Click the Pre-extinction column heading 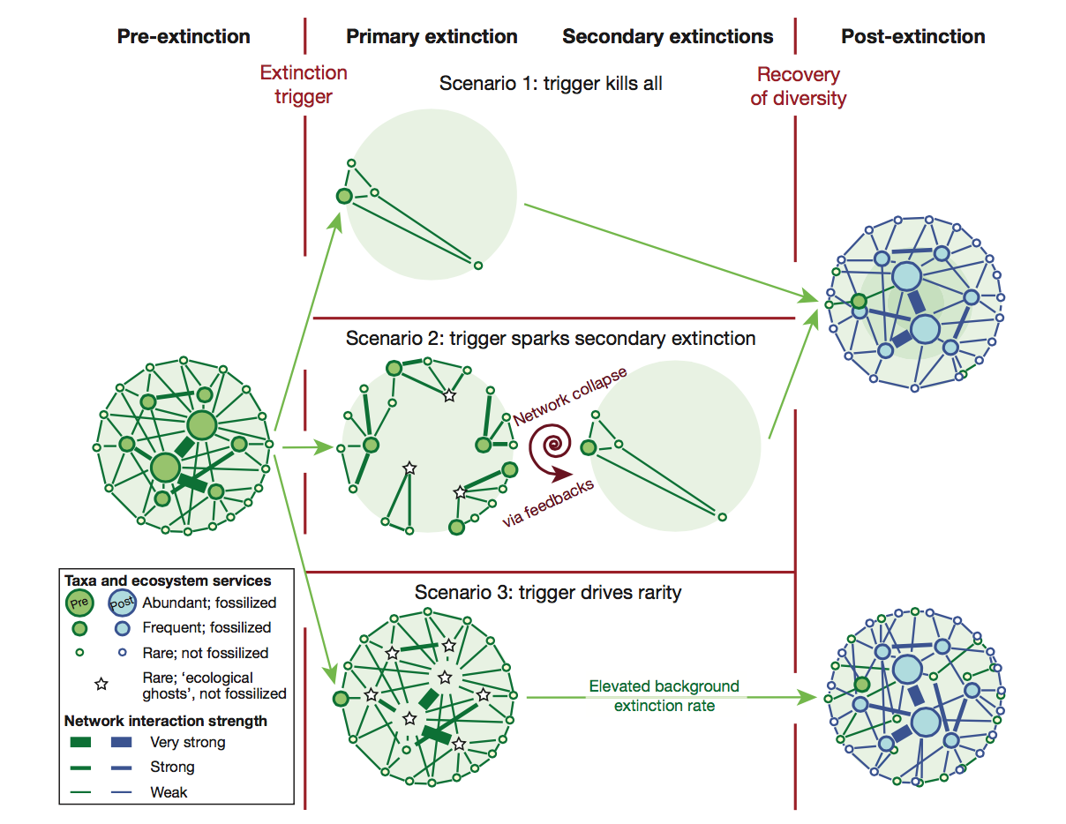tap(184, 36)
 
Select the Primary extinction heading tap(432, 37)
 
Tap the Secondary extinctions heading tap(668, 37)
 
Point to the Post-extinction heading tap(913, 36)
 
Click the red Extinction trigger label tap(304, 85)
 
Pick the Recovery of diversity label tap(798, 86)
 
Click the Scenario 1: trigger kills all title tap(551, 84)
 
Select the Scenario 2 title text tap(551, 339)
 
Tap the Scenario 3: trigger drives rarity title tap(548, 593)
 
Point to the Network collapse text tap(570, 395)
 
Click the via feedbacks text tap(548, 502)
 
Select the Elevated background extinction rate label tap(664, 695)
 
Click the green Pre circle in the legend tap(79, 603)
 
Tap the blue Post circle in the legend tap(122, 603)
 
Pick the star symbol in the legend tap(101, 684)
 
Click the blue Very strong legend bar tap(121, 742)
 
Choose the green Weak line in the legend tap(80, 792)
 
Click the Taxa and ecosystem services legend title tap(168, 581)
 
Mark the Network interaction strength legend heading tap(166, 721)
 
